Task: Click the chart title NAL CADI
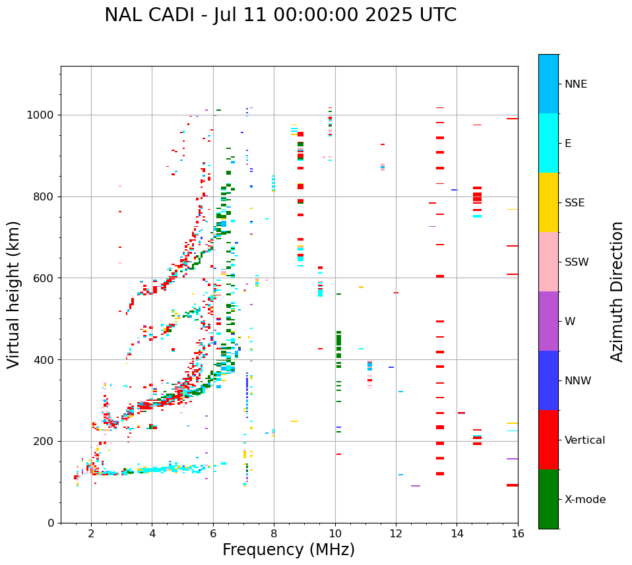coord(280,15)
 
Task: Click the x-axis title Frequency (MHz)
coord(288,550)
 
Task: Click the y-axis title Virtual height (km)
coord(14,294)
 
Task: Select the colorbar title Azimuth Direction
coord(617,291)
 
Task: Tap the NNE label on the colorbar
coord(575,84)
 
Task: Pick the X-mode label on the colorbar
coord(585,500)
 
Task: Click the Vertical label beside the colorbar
coord(585,440)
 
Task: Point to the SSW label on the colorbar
coord(577,262)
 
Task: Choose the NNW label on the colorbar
coord(578,381)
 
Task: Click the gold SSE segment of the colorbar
coord(548,202)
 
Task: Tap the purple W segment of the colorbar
coord(548,321)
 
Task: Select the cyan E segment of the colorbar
coord(548,143)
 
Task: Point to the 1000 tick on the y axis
coord(42,115)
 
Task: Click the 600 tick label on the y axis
coord(45,278)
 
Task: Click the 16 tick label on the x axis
coord(517,533)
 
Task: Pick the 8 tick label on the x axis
coord(274,533)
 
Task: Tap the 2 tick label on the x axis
coord(91,533)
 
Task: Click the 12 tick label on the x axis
coord(396,533)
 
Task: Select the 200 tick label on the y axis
coord(45,441)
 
